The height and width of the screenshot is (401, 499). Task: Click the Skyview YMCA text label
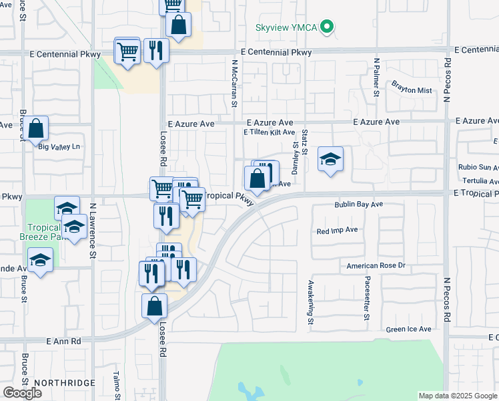[286, 28]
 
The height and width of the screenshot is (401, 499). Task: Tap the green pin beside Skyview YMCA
[327, 28]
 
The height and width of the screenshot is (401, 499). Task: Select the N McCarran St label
[234, 84]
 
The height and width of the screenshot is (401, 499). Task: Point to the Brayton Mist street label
[412, 88]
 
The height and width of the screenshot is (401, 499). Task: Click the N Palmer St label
[376, 77]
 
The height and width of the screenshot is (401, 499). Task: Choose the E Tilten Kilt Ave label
[269, 133]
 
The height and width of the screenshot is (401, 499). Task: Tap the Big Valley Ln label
[59, 146]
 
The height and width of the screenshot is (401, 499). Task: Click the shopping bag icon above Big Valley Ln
[38, 128]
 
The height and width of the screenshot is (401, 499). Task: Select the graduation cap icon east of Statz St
[330, 159]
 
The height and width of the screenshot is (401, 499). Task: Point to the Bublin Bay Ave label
[359, 205]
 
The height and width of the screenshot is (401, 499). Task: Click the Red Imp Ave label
[338, 230]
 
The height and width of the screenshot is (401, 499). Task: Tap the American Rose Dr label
[376, 265]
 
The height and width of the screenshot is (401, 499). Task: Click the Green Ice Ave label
[408, 329]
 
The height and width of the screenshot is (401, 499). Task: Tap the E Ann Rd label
[63, 341]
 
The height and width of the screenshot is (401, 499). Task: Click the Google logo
[22, 393]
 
